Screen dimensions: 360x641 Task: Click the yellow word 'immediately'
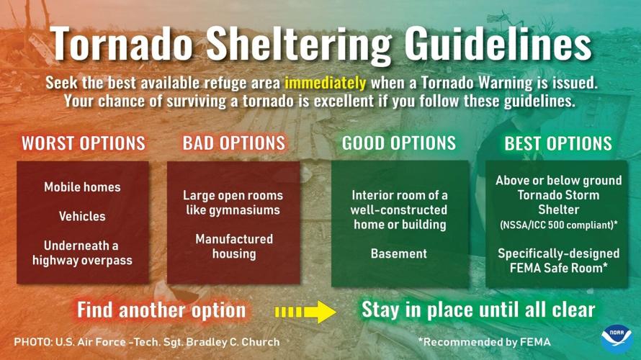325,82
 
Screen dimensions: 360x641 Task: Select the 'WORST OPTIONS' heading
83,143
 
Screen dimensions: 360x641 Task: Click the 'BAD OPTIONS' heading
233,143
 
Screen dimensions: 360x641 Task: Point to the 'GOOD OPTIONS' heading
398,143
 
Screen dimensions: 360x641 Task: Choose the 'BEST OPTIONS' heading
558,143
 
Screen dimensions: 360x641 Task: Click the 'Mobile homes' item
82,187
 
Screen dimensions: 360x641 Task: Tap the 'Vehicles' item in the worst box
82,216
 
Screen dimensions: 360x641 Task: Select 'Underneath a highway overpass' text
82,253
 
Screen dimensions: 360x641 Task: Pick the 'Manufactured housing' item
233,246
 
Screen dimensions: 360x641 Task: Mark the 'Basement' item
398,253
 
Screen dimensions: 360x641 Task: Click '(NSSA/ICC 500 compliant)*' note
558,225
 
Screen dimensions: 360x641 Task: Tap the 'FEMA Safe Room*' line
558,268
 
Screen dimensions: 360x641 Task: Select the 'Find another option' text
161,310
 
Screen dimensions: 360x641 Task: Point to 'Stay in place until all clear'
478,310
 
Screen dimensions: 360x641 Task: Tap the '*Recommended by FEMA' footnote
483,341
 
